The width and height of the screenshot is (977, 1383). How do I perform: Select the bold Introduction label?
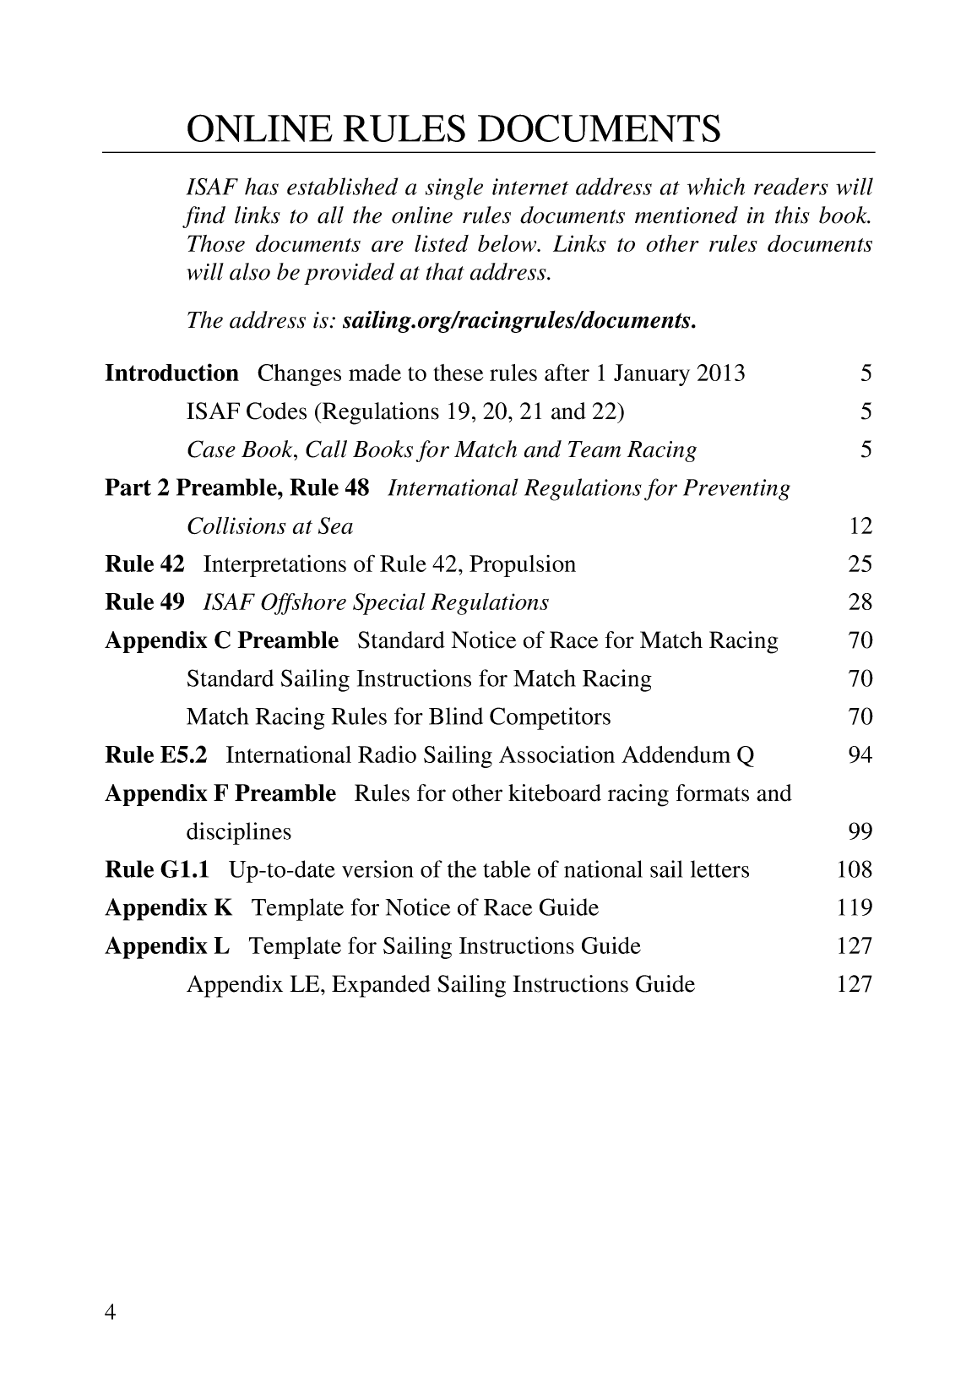[171, 373]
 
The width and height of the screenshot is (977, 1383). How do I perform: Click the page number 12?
[860, 526]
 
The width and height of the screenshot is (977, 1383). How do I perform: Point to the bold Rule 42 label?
[144, 564]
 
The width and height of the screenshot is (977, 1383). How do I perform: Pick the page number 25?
[860, 564]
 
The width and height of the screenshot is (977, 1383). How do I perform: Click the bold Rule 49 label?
[144, 602]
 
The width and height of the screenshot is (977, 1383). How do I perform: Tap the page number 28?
[860, 602]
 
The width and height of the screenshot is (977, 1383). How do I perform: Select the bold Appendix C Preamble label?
[221, 640]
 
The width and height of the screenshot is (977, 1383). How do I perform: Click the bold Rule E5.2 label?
[155, 755]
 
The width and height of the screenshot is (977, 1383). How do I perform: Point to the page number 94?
[860, 755]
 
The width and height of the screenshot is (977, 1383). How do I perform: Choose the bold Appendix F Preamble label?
[220, 793]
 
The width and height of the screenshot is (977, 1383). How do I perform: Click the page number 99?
[860, 832]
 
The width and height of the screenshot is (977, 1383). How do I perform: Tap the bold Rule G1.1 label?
[157, 870]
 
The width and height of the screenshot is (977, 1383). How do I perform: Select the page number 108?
[854, 870]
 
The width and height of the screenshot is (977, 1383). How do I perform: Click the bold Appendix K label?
[168, 908]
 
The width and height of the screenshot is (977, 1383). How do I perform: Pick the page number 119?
[854, 908]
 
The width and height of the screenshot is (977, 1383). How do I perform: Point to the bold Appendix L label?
[167, 946]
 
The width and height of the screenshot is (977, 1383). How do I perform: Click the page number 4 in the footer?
[110, 1311]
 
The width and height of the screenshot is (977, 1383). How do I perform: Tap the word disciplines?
[238, 832]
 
